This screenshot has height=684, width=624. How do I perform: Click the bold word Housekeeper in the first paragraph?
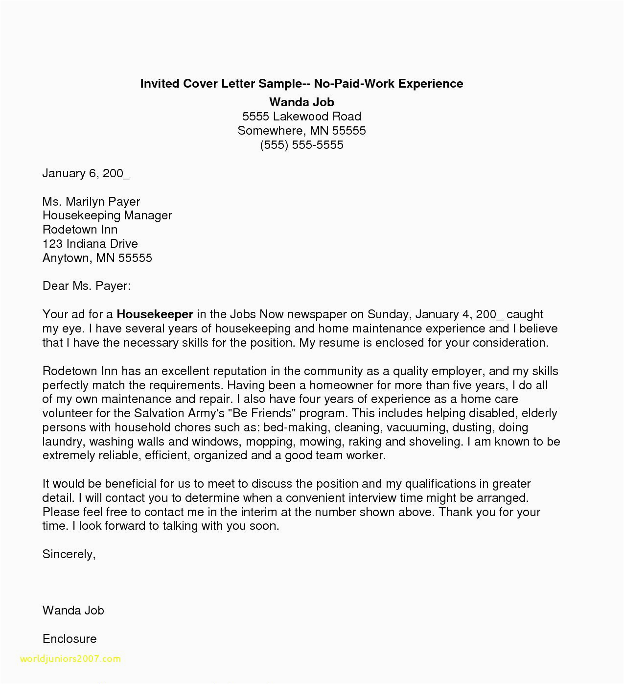click(155, 314)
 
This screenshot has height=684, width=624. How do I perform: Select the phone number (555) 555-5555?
click(301, 145)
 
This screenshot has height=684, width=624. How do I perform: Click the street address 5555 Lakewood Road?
click(301, 117)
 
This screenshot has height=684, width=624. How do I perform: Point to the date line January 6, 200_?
click(86, 173)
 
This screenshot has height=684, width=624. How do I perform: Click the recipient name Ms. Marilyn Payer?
click(91, 201)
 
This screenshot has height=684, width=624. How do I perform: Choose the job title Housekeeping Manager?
click(107, 215)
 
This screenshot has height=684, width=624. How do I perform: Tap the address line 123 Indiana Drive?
click(90, 244)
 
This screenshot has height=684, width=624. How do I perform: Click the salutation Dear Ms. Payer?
click(87, 286)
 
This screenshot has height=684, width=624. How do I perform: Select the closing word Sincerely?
click(69, 554)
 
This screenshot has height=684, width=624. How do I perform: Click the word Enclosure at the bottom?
click(69, 639)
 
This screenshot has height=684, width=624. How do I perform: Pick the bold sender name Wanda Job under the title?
click(301, 102)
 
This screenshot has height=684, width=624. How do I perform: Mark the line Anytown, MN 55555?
click(97, 258)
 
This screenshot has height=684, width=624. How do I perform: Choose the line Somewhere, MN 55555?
click(301, 131)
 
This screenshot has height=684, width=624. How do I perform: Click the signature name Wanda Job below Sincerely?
click(73, 611)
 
